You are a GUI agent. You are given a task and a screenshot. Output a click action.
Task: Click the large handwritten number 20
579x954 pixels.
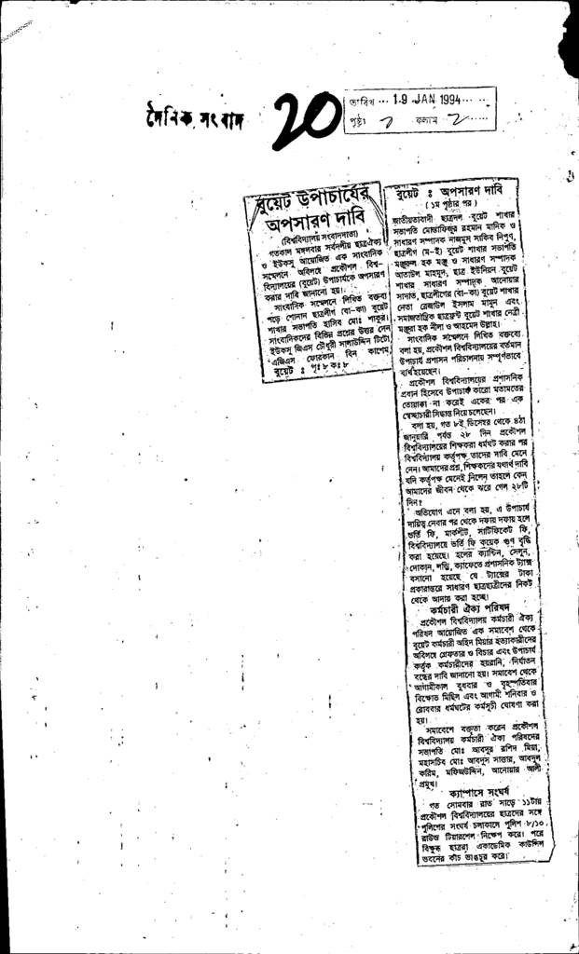(310, 117)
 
